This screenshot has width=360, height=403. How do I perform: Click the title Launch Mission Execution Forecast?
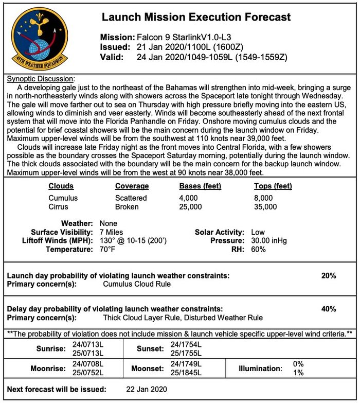click(196, 17)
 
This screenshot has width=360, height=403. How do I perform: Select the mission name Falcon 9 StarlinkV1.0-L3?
click(187, 38)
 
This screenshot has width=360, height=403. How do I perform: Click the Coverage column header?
click(132, 186)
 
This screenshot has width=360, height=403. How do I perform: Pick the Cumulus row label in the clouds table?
click(63, 198)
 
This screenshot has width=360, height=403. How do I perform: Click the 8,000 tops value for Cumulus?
click(263, 198)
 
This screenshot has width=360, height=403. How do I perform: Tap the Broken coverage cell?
click(127, 207)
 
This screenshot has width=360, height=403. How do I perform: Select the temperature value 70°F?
click(107, 250)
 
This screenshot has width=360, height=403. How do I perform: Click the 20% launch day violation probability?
click(328, 275)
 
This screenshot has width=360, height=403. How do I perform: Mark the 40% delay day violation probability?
click(328, 309)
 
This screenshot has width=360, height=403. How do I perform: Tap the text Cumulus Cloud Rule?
click(137, 284)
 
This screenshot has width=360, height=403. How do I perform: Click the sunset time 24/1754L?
click(187, 344)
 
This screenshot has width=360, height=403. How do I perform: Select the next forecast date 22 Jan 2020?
click(147, 389)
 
